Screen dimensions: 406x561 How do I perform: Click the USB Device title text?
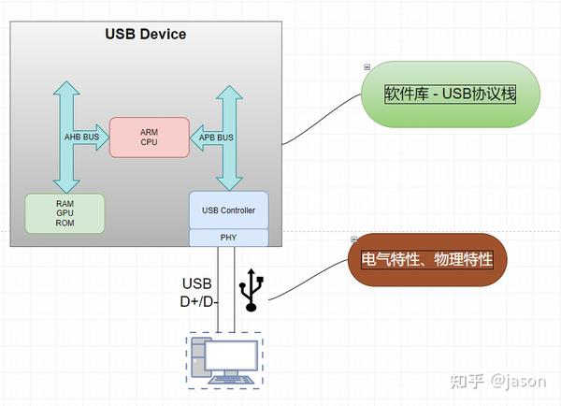(x=145, y=35)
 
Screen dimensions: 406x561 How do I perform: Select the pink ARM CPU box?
(x=149, y=137)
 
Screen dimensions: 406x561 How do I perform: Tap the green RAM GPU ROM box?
(x=65, y=212)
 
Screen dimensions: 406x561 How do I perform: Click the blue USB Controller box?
(x=228, y=210)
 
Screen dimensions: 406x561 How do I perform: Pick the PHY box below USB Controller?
(x=228, y=238)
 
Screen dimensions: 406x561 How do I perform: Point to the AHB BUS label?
(x=80, y=137)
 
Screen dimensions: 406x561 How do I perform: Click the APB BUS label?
(x=217, y=137)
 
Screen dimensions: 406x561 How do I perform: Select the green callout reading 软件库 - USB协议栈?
(x=450, y=94)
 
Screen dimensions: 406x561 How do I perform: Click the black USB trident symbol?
(x=250, y=290)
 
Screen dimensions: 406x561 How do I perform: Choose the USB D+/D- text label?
(x=198, y=292)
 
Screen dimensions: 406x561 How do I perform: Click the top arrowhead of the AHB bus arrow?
(x=65, y=86)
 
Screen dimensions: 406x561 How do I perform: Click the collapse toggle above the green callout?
(x=367, y=66)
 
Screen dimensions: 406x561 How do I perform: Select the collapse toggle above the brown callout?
(x=353, y=239)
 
